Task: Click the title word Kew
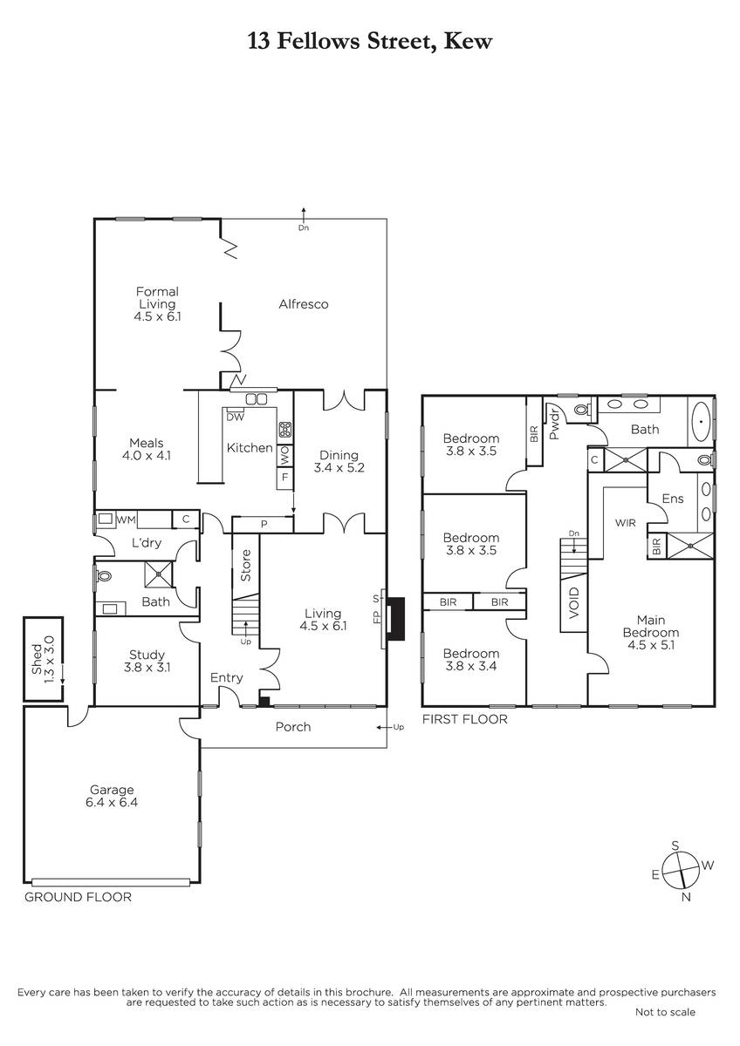click(468, 41)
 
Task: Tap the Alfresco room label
click(304, 304)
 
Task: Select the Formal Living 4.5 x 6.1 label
click(157, 304)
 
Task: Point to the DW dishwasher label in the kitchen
click(235, 417)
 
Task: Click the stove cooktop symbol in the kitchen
click(284, 429)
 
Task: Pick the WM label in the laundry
click(126, 520)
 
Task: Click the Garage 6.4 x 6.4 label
click(112, 796)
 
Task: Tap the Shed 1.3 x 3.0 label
click(43, 659)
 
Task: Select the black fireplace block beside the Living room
click(396, 619)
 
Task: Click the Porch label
click(293, 727)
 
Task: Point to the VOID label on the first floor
click(573, 603)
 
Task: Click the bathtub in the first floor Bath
click(702, 421)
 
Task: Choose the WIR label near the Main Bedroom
click(626, 523)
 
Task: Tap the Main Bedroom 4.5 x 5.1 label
click(651, 632)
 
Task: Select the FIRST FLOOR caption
click(464, 719)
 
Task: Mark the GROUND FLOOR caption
click(78, 897)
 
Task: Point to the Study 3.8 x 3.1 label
click(147, 661)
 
